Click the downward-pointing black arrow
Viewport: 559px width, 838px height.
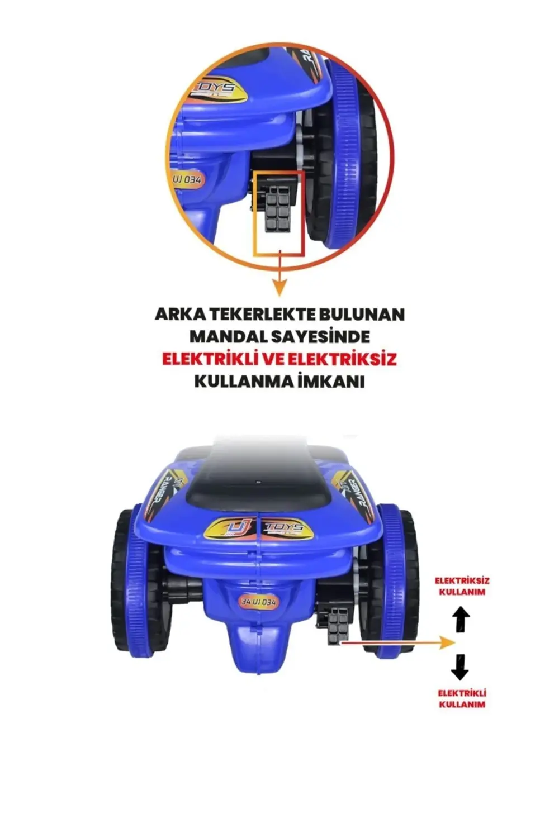459,666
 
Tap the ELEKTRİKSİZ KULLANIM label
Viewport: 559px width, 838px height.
462,586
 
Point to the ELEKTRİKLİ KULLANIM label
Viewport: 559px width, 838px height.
462,698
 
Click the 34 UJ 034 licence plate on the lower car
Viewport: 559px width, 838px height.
258,602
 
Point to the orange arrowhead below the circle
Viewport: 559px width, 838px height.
279,288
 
